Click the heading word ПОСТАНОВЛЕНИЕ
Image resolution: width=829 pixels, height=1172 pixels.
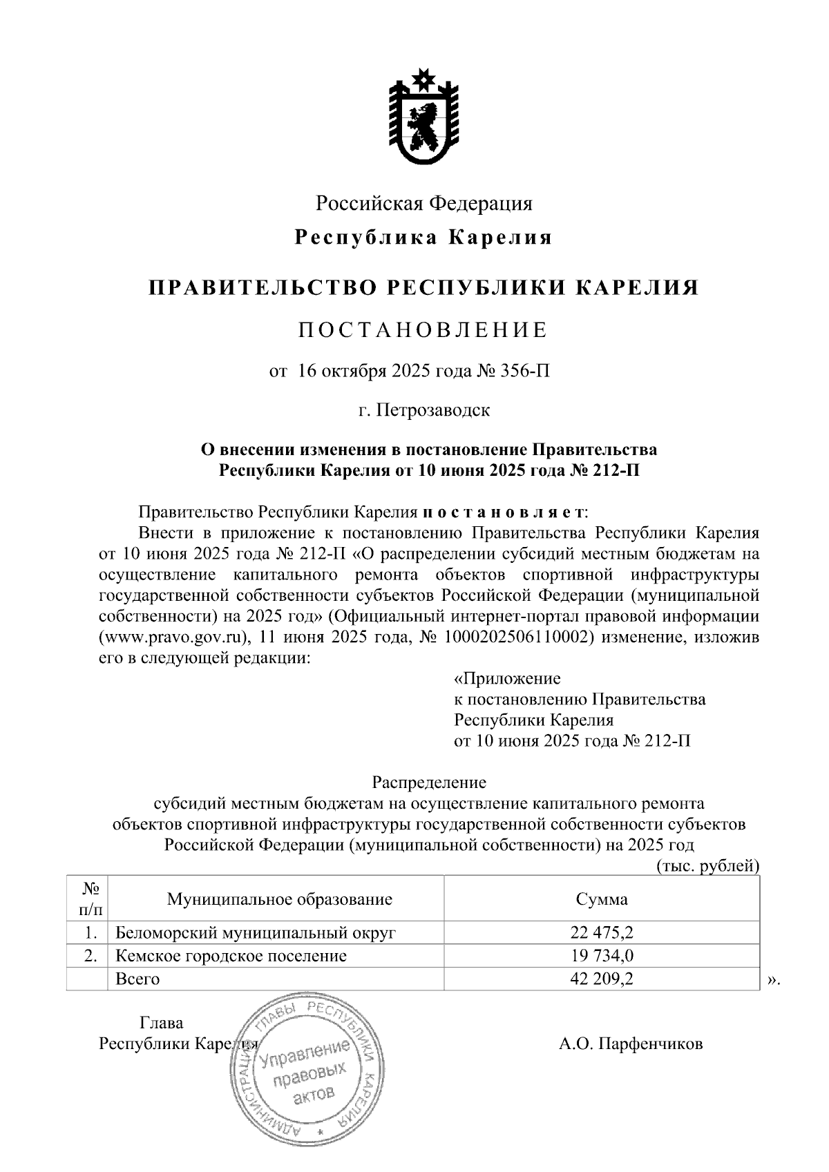[423, 330]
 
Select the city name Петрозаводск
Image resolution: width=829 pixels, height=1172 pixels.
[434, 410]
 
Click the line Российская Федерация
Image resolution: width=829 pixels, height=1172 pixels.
[424, 203]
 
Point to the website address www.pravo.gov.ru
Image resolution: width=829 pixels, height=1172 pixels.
[175, 637]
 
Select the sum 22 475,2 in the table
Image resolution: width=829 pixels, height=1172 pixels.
[602, 933]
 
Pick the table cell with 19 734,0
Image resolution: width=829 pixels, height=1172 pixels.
[602, 956]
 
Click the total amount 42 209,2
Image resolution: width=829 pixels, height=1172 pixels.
[602, 979]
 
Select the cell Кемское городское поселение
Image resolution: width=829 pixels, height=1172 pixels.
[231, 956]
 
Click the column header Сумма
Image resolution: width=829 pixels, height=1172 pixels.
[602, 899]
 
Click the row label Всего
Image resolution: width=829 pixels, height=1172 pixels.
[137, 979]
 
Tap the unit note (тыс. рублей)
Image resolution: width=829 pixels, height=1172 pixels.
[707, 866]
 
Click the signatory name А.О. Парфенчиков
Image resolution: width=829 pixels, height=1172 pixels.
[630, 1043]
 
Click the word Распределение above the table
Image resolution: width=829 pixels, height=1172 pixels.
[429, 782]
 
